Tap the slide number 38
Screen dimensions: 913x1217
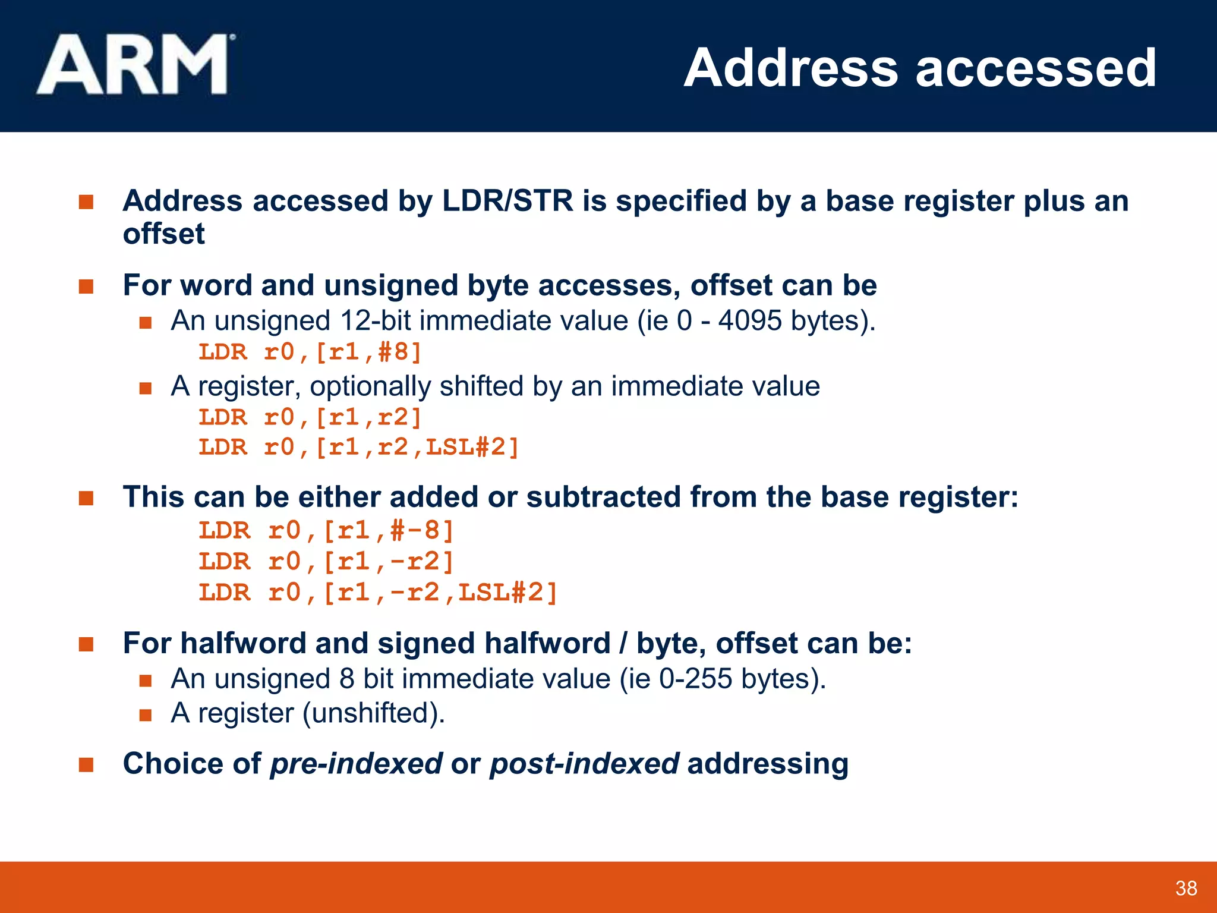click(x=1186, y=888)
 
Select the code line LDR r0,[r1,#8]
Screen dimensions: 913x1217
click(x=310, y=352)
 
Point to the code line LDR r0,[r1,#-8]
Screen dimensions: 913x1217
click(x=326, y=530)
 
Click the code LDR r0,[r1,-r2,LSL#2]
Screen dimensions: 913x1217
click(x=378, y=592)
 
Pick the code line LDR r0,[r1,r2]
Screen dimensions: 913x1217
click(x=310, y=417)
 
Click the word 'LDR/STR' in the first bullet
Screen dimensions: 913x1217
click(x=507, y=201)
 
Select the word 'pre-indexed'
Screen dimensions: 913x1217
click(x=356, y=764)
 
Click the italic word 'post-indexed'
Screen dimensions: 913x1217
click(x=584, y=764)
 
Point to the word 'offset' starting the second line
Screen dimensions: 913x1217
click(x=163, y=234)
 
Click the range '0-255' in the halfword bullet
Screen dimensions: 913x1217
click(x=695, y=679)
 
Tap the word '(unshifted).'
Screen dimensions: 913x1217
click(x=374, y=713)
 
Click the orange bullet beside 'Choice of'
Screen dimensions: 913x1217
click(x=86, y=764)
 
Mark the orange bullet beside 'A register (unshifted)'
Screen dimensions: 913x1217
click(x=146, y=714)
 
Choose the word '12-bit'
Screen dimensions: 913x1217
click(x=375, y=321)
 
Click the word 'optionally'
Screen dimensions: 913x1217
click(x=370, y=386)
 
